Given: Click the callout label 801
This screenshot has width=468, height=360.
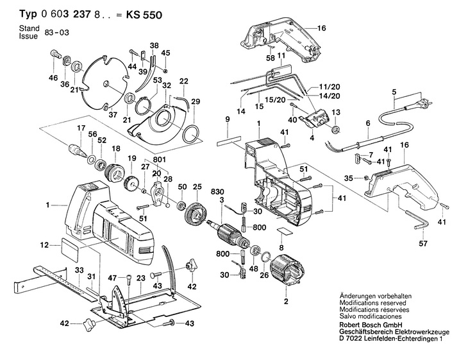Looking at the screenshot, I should [160, 160].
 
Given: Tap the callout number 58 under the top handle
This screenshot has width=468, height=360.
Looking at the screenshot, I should [271, 58].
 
